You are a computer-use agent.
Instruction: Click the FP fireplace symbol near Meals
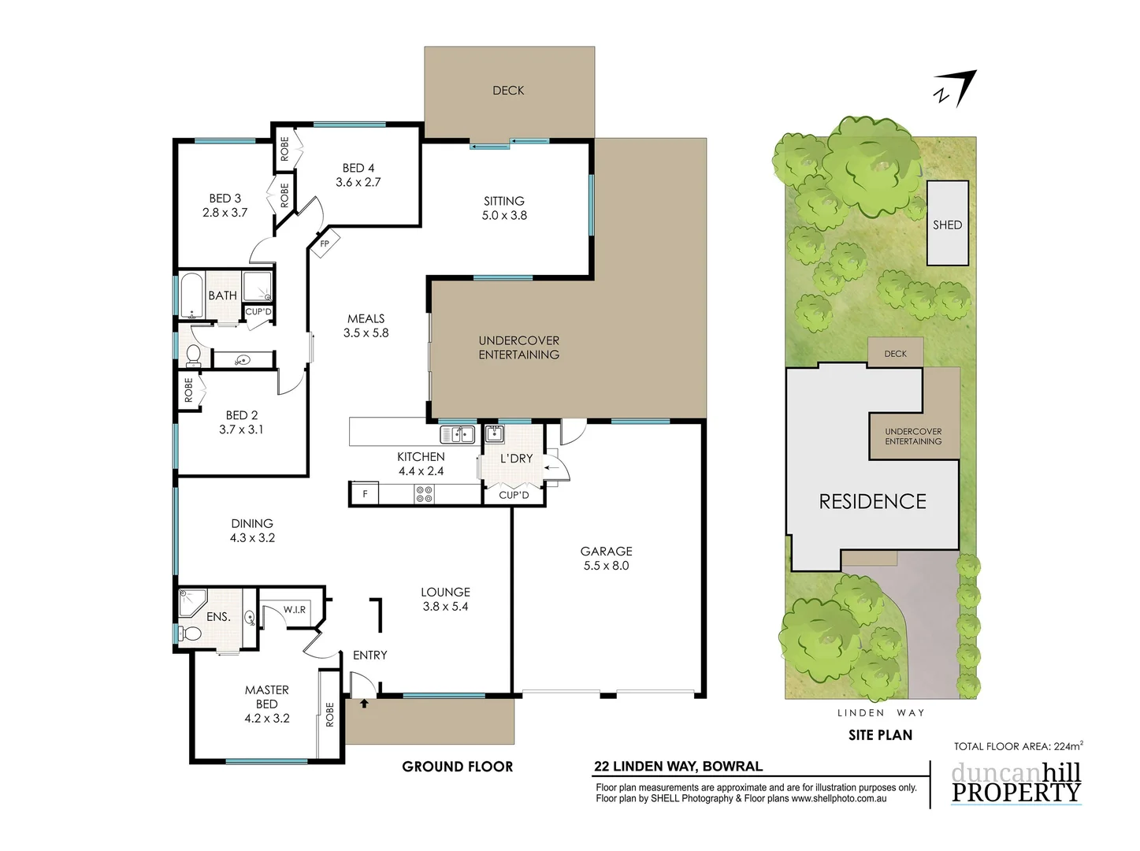coord(324,243)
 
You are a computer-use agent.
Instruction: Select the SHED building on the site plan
coord(947,224)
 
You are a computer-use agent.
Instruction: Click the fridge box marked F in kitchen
coord(365,494)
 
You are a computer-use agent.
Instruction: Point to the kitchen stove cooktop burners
coord(424,494)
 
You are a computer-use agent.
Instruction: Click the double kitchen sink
coord(457,434)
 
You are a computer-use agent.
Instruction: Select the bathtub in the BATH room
coord(192,295)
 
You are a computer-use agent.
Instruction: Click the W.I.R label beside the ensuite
coord(295,610)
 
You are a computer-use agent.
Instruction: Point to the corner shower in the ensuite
coord(191,602)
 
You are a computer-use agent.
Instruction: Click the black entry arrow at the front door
coord(364,703)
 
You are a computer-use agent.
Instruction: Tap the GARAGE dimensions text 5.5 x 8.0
coord(606,566)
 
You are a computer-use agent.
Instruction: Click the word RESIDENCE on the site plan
coord(872,501)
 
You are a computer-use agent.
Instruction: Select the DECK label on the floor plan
coord(508,91)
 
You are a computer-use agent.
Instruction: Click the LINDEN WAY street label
coord(880,713)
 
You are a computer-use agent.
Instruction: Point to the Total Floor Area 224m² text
coord(1017,746)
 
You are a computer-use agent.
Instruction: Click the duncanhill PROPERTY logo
coord(1016,783)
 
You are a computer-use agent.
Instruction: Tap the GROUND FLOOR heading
coord(457,767)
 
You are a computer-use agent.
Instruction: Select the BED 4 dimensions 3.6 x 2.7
coord(358,182)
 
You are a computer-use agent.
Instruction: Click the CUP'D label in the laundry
coord(514,495)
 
